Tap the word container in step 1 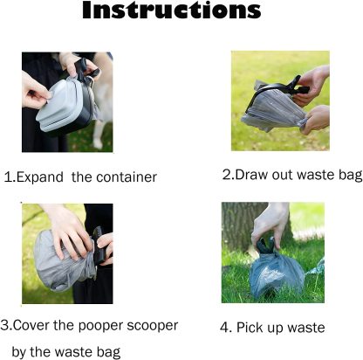(126, 177)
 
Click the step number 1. (8, 177)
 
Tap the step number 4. (224, 328)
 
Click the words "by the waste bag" (66, 352)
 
